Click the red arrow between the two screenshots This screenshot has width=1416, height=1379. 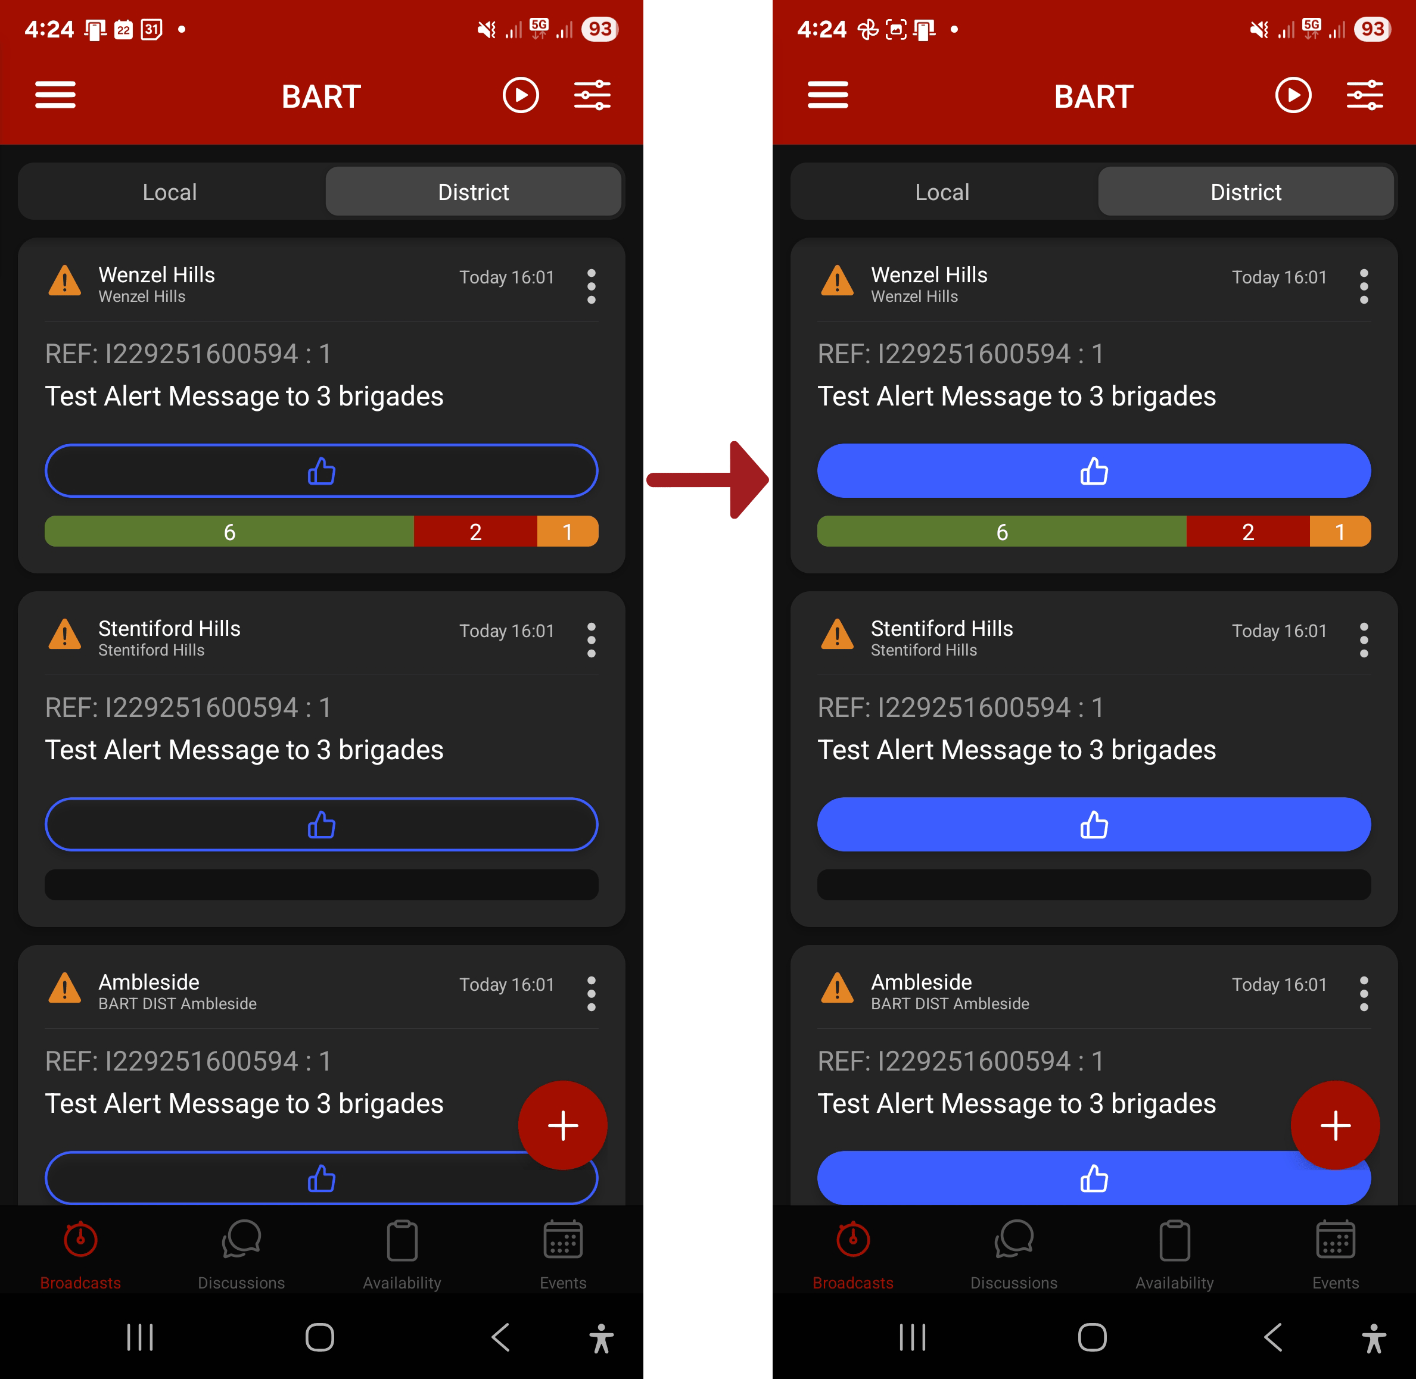(x=708, y=479)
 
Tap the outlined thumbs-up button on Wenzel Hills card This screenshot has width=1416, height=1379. (x=321, y=471)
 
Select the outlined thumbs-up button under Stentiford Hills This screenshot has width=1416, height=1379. (x=321, y=824)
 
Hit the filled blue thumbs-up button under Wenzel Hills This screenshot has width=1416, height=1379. (x=1094, y=471)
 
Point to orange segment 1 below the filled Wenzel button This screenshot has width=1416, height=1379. (x=1340, y=532)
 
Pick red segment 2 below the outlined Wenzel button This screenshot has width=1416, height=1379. (x=475, y=532)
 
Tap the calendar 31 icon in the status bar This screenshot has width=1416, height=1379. (x=151, y=30)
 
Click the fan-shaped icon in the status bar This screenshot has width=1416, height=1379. (x=867, y=30)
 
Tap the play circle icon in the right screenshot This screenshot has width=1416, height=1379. (x=1293, y=95)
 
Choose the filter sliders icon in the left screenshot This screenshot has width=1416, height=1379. (x=592, y=95)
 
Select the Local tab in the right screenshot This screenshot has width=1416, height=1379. (x=942, y=192)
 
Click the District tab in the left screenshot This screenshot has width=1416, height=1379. (x=473, y=192)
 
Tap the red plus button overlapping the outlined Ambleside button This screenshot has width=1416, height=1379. (x=562, y=1125)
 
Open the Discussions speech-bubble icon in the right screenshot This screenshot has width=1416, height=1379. (x=1014, y=1239)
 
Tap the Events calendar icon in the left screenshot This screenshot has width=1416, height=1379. (x=563, y=1239)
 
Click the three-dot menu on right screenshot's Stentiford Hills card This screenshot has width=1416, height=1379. (x=1364, y=640)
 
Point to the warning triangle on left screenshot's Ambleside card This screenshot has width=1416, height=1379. (x=64, y=988)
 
